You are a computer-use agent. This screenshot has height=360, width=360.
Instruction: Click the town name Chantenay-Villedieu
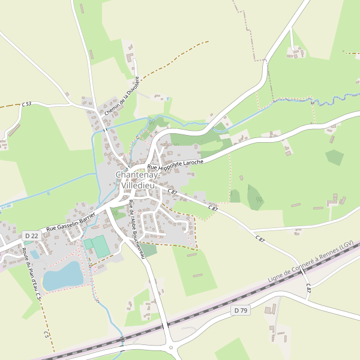pos(137,180)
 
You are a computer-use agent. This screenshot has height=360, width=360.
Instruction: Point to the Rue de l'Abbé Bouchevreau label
pos(137,229)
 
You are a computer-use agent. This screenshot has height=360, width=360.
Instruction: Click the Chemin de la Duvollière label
pos(121,96)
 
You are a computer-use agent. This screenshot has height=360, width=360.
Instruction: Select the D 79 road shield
pos(241,310)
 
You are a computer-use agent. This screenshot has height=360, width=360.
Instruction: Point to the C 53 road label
pos(26,104)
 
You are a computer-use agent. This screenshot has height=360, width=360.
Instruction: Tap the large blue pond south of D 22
pos(62,276)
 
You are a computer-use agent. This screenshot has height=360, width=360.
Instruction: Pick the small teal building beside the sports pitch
pos(88,244)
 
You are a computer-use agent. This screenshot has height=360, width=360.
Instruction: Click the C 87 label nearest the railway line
pos(308,289)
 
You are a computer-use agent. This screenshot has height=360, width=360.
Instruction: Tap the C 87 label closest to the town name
pos(173,191)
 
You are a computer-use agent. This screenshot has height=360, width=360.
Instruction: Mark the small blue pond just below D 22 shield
pos(34,254)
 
